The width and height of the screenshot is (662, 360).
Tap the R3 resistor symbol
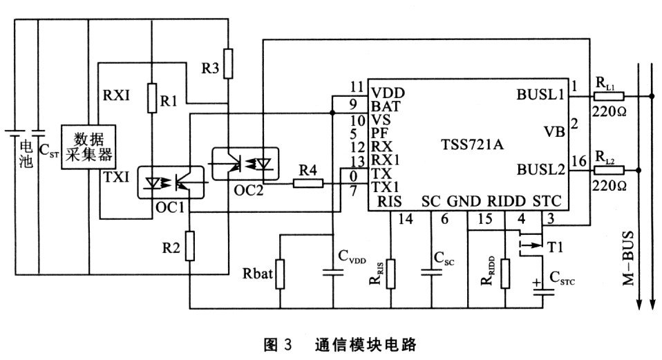(228, 64)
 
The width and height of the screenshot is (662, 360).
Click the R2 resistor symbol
(189, 246)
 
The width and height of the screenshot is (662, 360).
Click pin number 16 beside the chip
(579, 161)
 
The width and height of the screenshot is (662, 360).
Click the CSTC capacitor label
(564, 280)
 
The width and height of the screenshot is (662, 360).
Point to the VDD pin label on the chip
(387, 92)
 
